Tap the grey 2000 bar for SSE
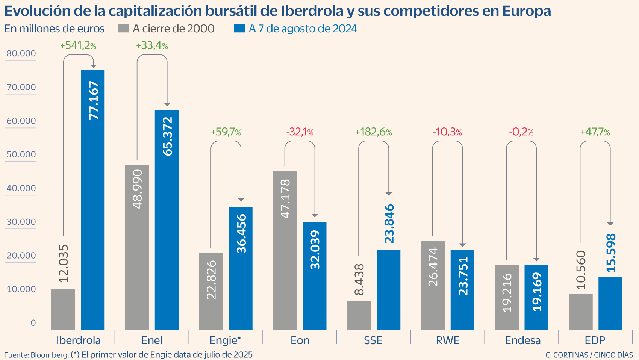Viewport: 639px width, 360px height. click(x=359, y=316)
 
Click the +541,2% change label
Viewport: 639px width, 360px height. click(x=78, y=46)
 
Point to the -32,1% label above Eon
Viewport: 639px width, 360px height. click(x=300, y=132)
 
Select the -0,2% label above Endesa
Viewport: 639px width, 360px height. click(x=521, y=132)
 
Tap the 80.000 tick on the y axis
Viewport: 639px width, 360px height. click(x=21, y=53)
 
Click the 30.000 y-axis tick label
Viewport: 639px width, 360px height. click(x=21, y=222)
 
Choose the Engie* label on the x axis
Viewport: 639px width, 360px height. click(x=225, y=340)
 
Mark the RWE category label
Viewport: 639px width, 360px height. click(x=448, y=340)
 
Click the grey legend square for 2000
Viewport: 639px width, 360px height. click(x=123, y=29)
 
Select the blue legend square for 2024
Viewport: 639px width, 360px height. click(x=239, y=29)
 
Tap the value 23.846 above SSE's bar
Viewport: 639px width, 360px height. click(x=389, y=224)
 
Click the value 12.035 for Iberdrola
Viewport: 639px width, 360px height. click(x=64, y=263)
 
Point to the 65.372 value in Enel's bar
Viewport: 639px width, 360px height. click(x=167, y=136)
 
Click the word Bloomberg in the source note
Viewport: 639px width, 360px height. click(x=50, y=355)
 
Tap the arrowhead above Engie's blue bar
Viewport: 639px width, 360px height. click(x=241, y=200)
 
